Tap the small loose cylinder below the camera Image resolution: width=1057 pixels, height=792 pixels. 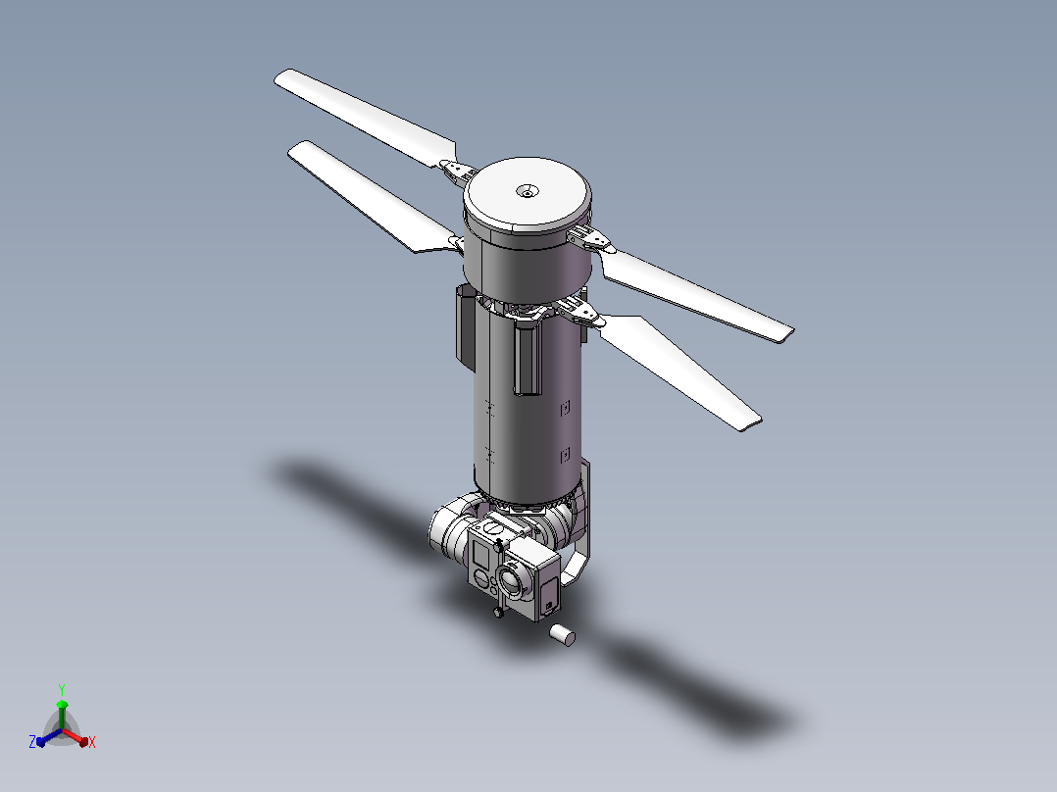562,635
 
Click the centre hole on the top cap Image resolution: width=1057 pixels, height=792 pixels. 528,191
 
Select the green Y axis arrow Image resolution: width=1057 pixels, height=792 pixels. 62,715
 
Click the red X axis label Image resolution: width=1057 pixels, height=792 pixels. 92,742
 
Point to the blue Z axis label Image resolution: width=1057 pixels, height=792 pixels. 32,741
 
